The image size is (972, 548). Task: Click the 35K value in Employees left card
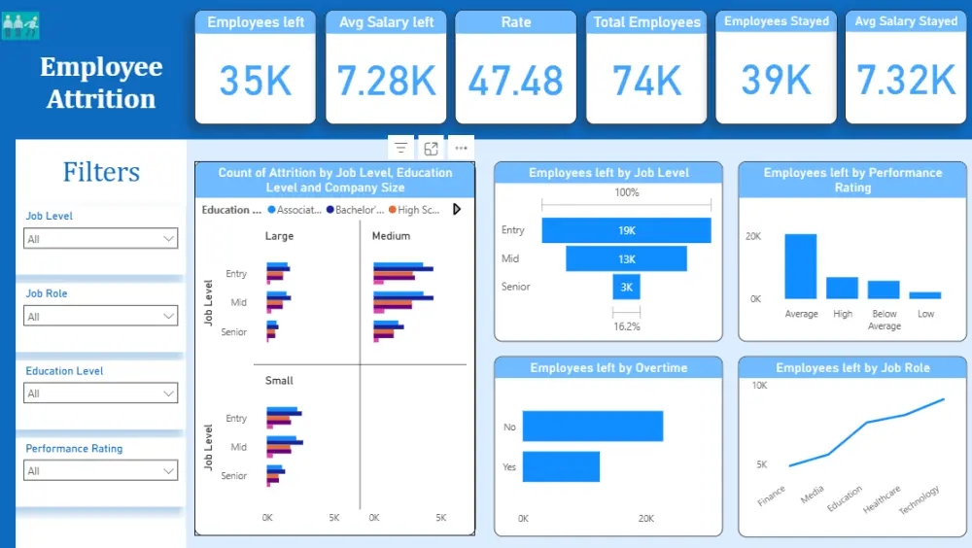point(255,81)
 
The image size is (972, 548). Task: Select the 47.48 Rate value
point(516,81)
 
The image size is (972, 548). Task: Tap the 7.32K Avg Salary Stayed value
point(906,81)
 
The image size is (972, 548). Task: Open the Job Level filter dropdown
point(100,239)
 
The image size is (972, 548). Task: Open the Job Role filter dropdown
point(100,316)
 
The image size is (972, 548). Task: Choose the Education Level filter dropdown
point(100,393)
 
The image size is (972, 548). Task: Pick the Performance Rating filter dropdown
point(100,470)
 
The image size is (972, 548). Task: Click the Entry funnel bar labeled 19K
point(626,230)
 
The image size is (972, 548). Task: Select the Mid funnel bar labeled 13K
point(626,258)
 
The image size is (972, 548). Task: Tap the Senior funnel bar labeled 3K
point(626,287)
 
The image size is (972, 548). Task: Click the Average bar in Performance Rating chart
point(800,266)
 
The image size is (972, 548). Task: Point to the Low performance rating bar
point(925,295)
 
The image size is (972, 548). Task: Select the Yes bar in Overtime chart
point(561,466)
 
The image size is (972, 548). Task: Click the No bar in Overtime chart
point(593,426)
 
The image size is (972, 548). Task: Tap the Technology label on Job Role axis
point(920,499)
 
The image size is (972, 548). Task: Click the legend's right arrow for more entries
point(457,210)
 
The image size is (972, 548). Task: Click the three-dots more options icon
point(461,148)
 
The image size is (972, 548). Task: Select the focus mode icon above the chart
point(431,148)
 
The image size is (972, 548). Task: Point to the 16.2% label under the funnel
point(627,326)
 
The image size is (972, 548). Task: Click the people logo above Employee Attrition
point(20,26)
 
